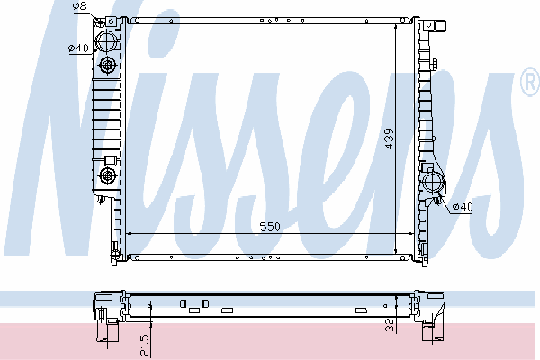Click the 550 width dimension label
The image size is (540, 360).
pos(270,227)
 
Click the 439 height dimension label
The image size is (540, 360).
pos(389,139)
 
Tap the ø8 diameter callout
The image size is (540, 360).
pos(80,6)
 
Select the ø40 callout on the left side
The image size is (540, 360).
pos(78,49)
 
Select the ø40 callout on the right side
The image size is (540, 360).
pos(463,207)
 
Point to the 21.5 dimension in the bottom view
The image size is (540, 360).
pos(145,346)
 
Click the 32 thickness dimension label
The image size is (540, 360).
pos(390,325)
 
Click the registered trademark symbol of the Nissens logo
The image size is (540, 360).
pos(531,82)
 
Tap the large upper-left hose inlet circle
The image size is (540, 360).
pos(107,41)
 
